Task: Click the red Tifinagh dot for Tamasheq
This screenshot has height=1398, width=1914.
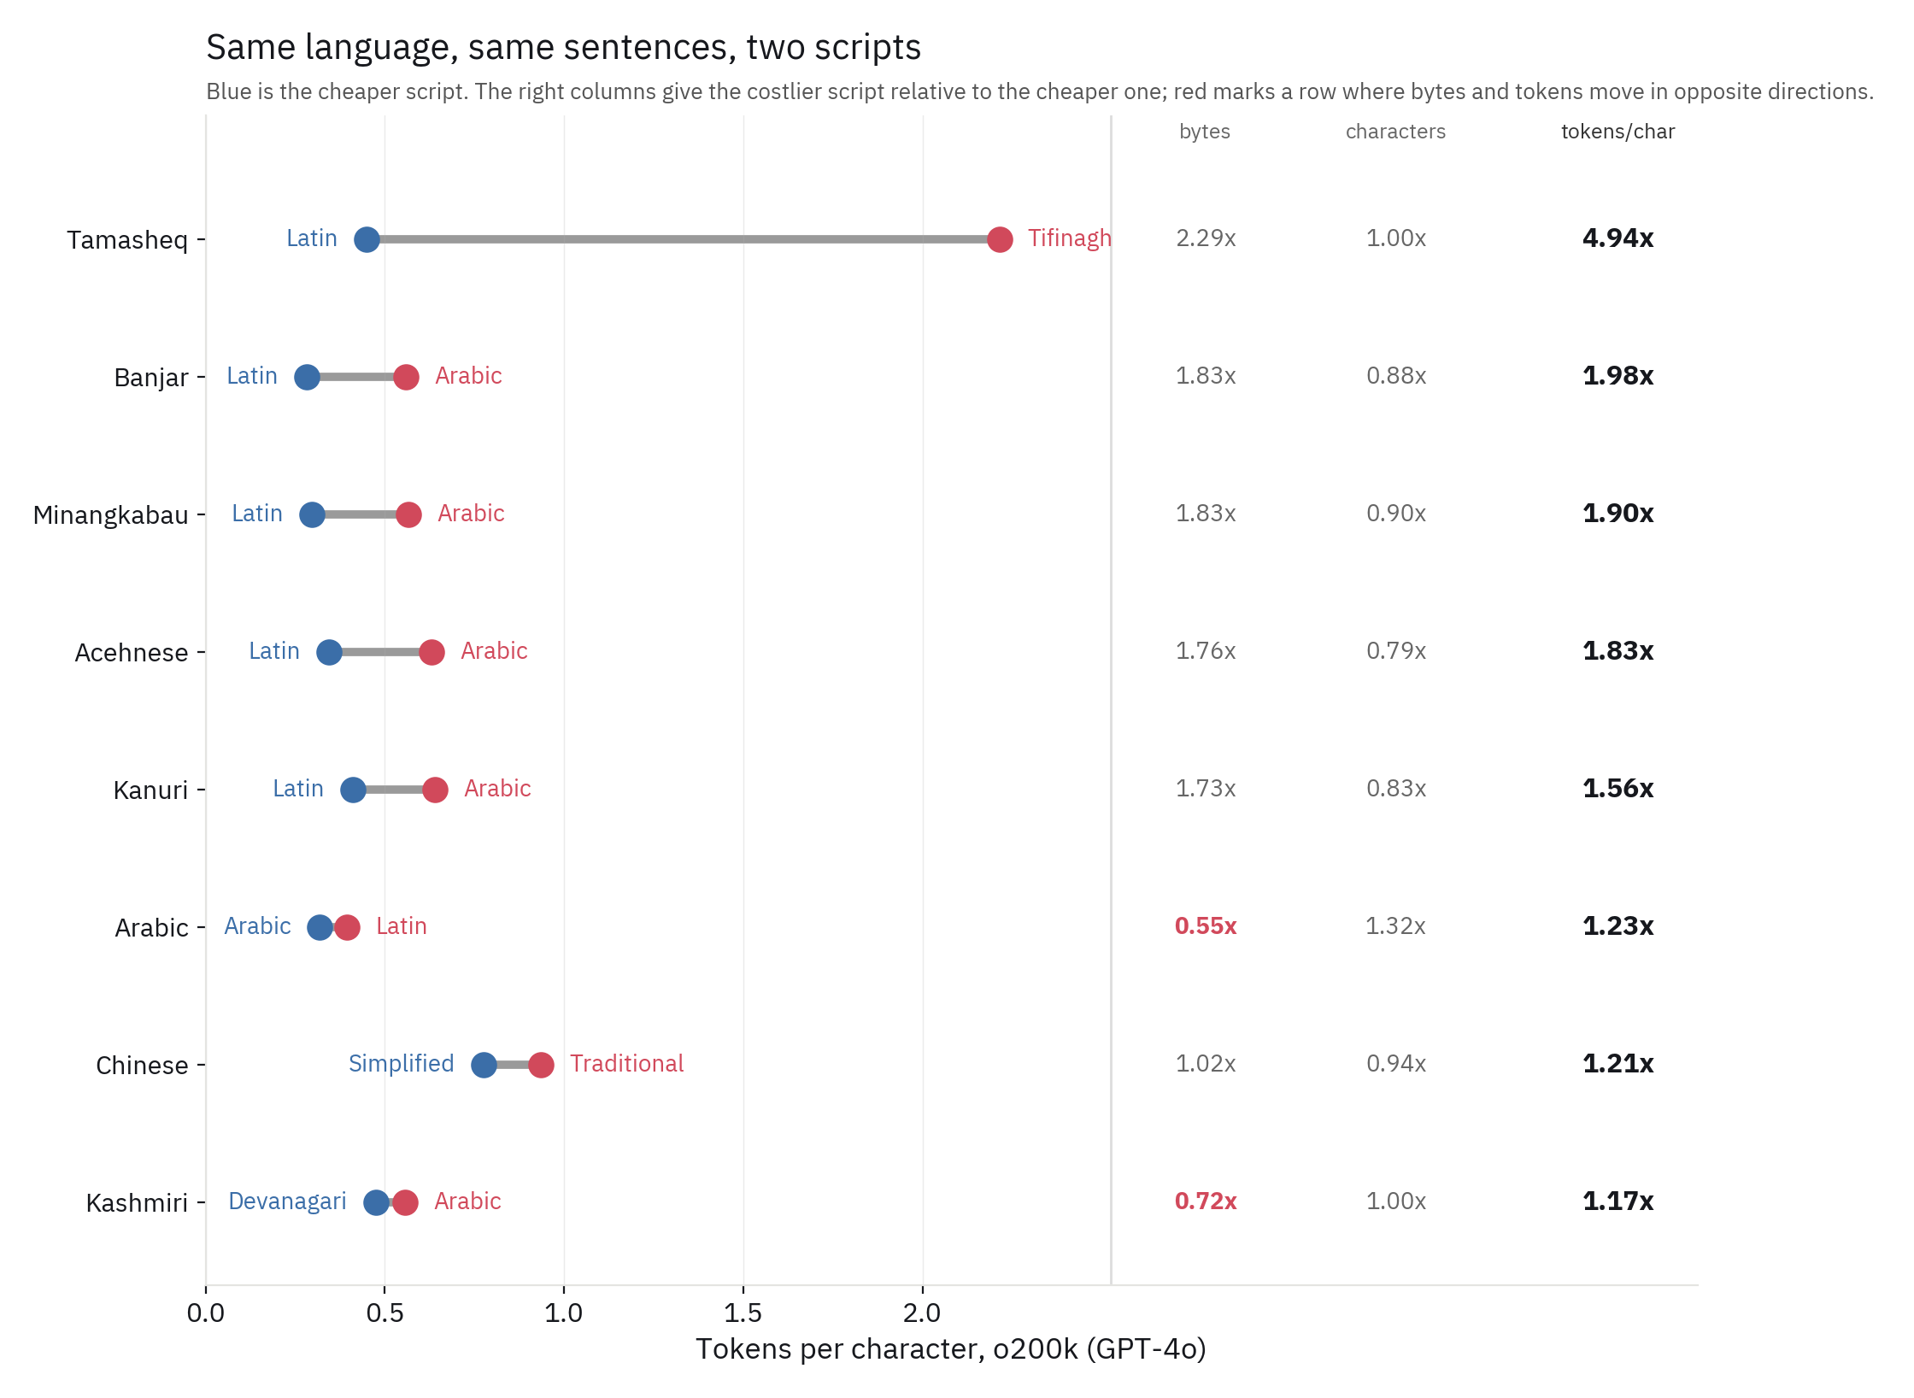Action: coord(1000,239)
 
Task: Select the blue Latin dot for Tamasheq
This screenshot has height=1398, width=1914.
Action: coord(367,239)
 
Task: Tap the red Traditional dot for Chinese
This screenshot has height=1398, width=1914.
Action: coord(541,1065)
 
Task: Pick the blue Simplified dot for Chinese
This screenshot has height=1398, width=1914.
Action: coord(484,1065)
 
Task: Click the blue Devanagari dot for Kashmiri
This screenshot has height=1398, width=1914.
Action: coord(376,1202)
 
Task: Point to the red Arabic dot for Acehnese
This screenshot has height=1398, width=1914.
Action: coord(432,652)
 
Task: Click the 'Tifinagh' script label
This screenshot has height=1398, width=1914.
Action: coord(1069,238)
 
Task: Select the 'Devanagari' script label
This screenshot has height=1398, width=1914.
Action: coord(287,1201)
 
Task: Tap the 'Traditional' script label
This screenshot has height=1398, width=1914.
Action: coord(627,1064)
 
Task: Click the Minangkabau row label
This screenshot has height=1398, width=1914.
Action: coord(110,515)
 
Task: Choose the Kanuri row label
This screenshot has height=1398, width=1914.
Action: coord(150,790)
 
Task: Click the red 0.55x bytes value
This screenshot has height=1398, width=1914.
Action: coord(1206,926)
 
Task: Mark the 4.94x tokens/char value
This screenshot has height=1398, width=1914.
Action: coord(1618,238)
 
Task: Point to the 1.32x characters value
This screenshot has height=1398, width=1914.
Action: coord(1396,926)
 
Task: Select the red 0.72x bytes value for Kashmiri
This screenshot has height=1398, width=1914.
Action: coord(1206,1201)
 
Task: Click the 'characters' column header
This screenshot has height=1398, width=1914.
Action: coord(1396,132)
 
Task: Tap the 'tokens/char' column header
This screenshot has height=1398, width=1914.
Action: coord(1618,132)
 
